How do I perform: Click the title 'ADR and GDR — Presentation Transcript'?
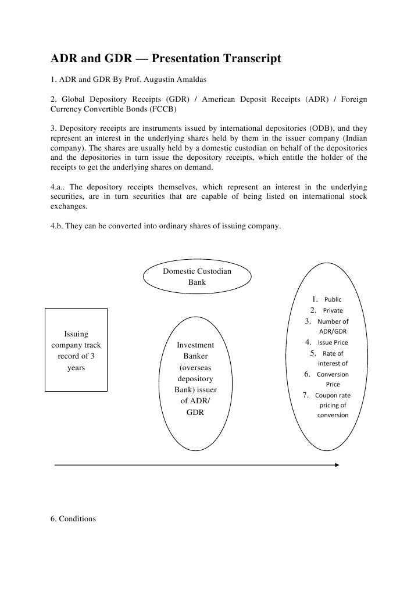pyautogui.click(x=166, y=59)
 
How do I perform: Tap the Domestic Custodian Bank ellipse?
pyautogui.click(x=197, y=277)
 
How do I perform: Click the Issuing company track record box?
pyautogui.click(x=76, y=350)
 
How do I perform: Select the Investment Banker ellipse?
pyautogui.click(x=195, y=384)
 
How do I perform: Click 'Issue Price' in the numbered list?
pyautogui.click(x=333, y=342)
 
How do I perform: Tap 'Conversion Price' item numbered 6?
pyautogui.click(x=333, y=379)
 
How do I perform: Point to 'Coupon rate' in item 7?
pyautogui.click(x=333, y=396)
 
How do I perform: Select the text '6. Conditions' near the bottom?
pyautogui.click(x=73, y=518)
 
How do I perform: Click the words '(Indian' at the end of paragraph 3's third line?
pyautogui.click(x=353, y=138)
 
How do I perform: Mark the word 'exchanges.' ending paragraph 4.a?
pyautogui.click(x=69, y=207)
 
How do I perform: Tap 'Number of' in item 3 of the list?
pyautogui.click(x=333, y=321)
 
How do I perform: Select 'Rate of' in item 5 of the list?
pyautogui.click(x=333, y=353)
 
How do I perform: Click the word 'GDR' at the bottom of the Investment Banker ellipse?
pyautogui.click(x=195, y=412)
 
